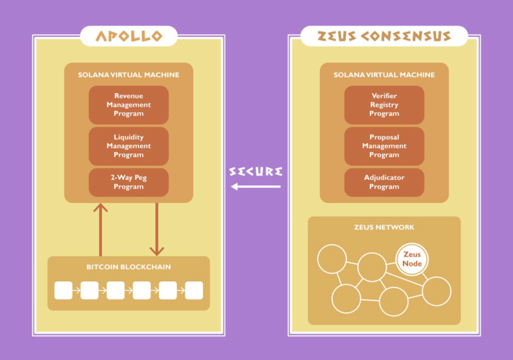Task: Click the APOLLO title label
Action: coord(129,36)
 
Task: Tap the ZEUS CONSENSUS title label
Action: coord(384,36)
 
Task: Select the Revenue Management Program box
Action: coord(129,105)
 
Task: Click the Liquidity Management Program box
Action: coord(129,146)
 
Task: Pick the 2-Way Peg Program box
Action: coord(129,182)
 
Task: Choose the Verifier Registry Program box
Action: coord(384,105)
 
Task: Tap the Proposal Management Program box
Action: coord(384,146)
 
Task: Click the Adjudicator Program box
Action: coord(384,182)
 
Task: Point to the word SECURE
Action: coord(255,171)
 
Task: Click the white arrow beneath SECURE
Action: coord(255,187)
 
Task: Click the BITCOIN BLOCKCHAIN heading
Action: coord(129,267)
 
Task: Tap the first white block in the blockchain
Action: coord(63,290)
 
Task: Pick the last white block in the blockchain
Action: coord(194,290)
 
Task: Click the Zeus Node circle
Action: coord(412,259)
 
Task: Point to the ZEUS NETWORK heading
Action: coord(384,227)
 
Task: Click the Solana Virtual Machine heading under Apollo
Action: coord(129,75)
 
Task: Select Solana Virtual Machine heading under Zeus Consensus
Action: coord(384,75)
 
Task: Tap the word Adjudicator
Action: coord(384,177)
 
